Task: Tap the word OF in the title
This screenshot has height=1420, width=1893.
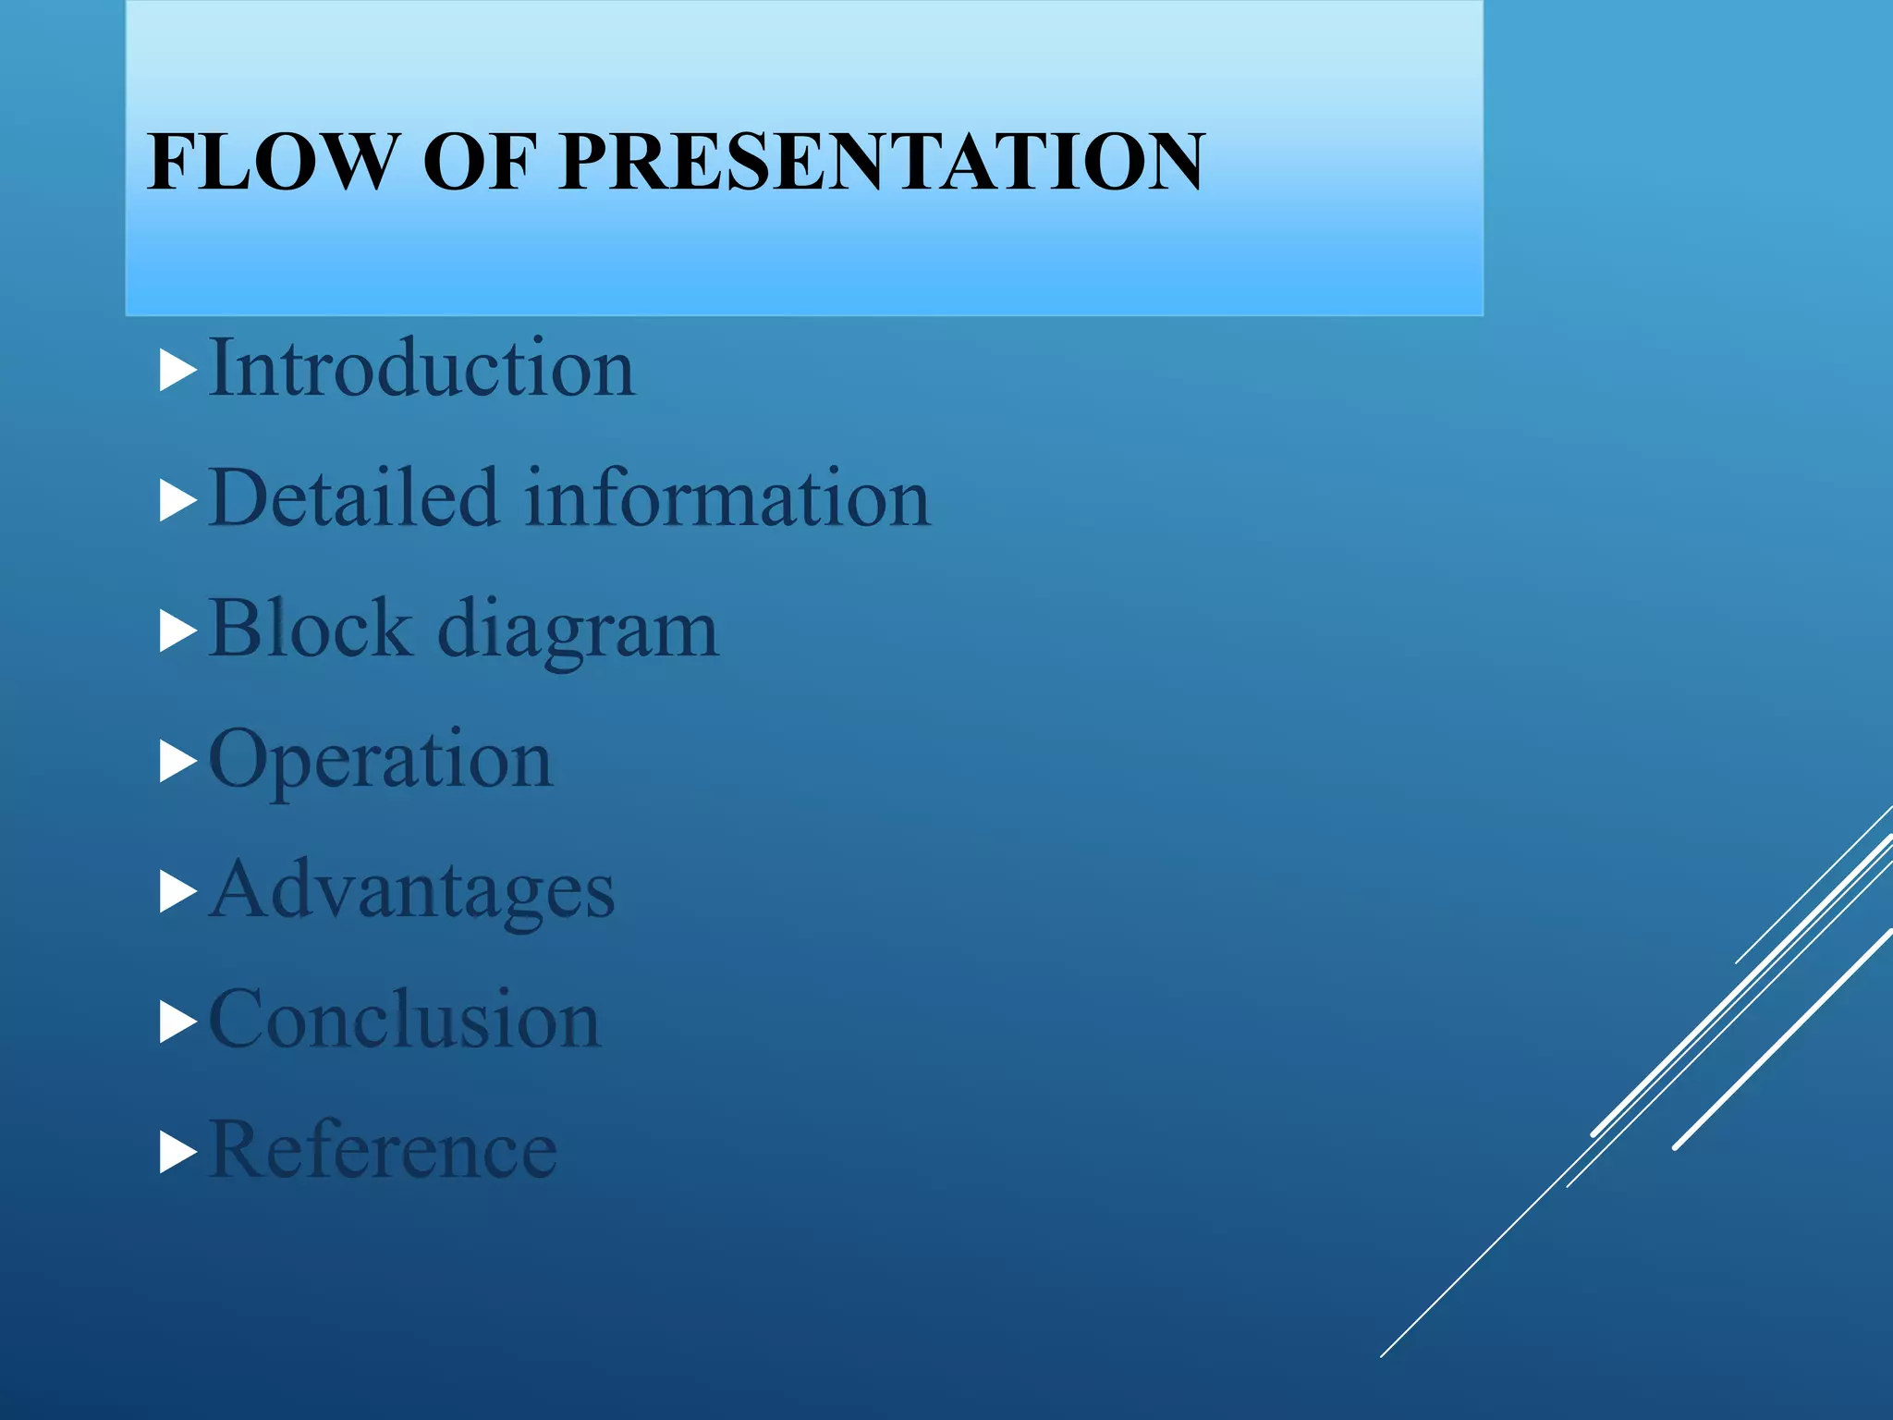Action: [x=480, y=162]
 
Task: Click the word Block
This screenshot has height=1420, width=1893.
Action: [x=310, y=628]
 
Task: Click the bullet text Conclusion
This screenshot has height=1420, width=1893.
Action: [x=405, y=1019]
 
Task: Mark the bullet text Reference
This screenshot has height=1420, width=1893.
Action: [x=383, y=1149]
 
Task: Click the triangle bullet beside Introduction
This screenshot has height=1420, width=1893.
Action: [x=177, y=372]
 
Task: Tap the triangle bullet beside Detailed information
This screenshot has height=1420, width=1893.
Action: [x=177, y=502]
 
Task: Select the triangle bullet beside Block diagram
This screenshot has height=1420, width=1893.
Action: [x=177, y=632]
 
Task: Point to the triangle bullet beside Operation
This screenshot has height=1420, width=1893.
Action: [x=177, y=763]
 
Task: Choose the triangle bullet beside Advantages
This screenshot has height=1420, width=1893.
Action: [x=177, y=893]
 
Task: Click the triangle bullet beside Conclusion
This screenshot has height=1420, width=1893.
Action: [x=177, y=1023]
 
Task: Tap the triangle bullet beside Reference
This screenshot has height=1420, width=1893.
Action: [x=177, y=1154]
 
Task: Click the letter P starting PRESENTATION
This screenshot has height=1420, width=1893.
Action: [x=588, y=162]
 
